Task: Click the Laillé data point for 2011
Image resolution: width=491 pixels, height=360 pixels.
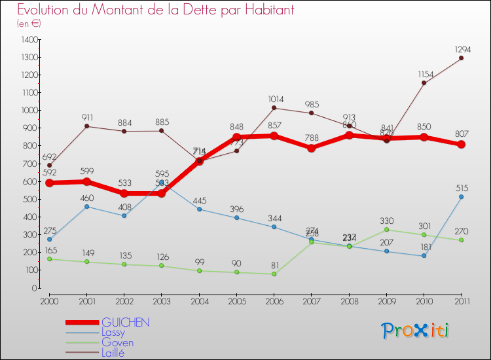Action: [x=461, y=58]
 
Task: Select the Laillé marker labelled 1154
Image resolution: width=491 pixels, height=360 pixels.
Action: [x=424, y=83]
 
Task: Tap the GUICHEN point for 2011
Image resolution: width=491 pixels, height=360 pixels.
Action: [x=461, y=145]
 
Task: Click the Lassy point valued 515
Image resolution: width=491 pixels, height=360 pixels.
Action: [x=461, y=196]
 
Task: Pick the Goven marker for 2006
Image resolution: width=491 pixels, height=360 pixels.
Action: [x=274, y=274]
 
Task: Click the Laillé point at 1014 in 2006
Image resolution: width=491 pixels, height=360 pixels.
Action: [x=274, y=108]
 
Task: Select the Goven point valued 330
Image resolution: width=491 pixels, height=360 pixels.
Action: [x=386, y=229]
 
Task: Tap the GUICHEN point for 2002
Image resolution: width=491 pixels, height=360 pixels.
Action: [x=124, y=193]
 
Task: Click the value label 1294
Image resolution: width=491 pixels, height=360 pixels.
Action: [x=461, y=49]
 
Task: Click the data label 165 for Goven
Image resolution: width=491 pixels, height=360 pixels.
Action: [x=50, y=250]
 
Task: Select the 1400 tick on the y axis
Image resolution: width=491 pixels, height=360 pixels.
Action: [x=29, y=40]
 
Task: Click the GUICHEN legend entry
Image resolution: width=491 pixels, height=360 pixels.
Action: [x=126, y=323]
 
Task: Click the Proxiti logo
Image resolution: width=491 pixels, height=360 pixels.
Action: [x=416, y=331]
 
